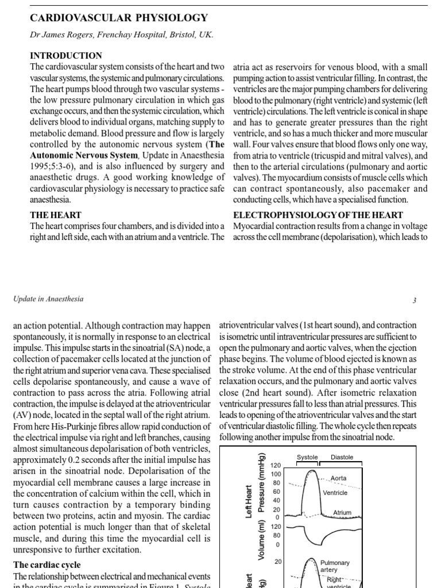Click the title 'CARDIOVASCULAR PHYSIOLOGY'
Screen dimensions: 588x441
119,18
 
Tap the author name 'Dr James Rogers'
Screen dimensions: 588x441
62,34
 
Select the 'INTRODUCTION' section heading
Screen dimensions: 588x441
65,56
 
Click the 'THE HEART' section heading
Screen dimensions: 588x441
55,215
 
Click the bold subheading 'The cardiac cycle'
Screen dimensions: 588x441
47,564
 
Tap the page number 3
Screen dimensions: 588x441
414,299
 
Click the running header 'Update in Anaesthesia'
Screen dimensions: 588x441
48,299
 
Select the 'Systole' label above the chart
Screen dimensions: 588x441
307,457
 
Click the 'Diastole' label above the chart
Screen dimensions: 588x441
342,457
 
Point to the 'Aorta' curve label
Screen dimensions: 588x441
338,478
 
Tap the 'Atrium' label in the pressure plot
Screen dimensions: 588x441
342,512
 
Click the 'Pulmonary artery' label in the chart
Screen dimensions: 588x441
335,567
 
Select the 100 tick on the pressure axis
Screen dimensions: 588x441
276,474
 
